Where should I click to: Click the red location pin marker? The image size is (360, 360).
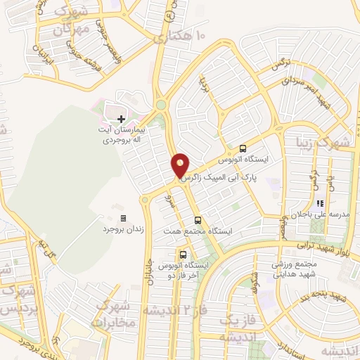181,165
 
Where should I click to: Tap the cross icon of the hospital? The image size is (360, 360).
122,120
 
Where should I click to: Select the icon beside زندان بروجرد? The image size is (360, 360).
124,218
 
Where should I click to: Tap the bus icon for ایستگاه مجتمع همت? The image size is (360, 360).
198,219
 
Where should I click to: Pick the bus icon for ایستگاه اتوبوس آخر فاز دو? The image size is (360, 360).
184,255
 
